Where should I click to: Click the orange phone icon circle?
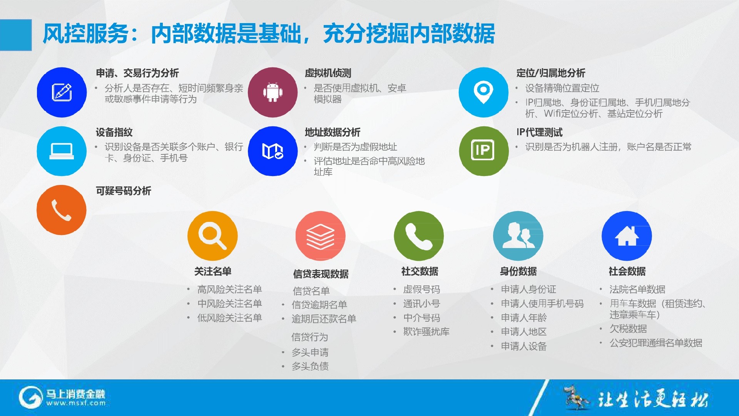(x=62, y=210)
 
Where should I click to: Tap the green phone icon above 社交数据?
(x=419, y=236)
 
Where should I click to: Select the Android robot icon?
(x=273, y=92)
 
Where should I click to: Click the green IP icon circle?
(x=484, y=151)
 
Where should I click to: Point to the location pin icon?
(x=483, y=92)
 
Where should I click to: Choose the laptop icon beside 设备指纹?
(x=62, y=151)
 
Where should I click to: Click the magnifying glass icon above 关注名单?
(x=212, y=236)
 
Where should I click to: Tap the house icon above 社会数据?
(x=627, y=236)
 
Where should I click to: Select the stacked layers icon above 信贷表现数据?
(x=320, y=236)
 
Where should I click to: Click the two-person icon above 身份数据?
(x=518, y=235)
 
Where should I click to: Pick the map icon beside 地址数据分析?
(x=273, y=151)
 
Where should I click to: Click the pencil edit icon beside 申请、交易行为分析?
(x=62, y=92)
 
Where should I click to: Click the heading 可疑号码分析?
(x=124, y=191)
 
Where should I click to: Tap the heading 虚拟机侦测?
(x=328, y=73)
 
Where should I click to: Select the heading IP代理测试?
(x=539, y=132)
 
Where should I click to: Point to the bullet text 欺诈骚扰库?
(x=426, y=332)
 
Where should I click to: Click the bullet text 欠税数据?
(x=628, y=329)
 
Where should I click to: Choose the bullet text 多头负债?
(x=310, y=366)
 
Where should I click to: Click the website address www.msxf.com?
(x=76, y=403)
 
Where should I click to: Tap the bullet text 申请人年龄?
(x=524, y=318)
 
